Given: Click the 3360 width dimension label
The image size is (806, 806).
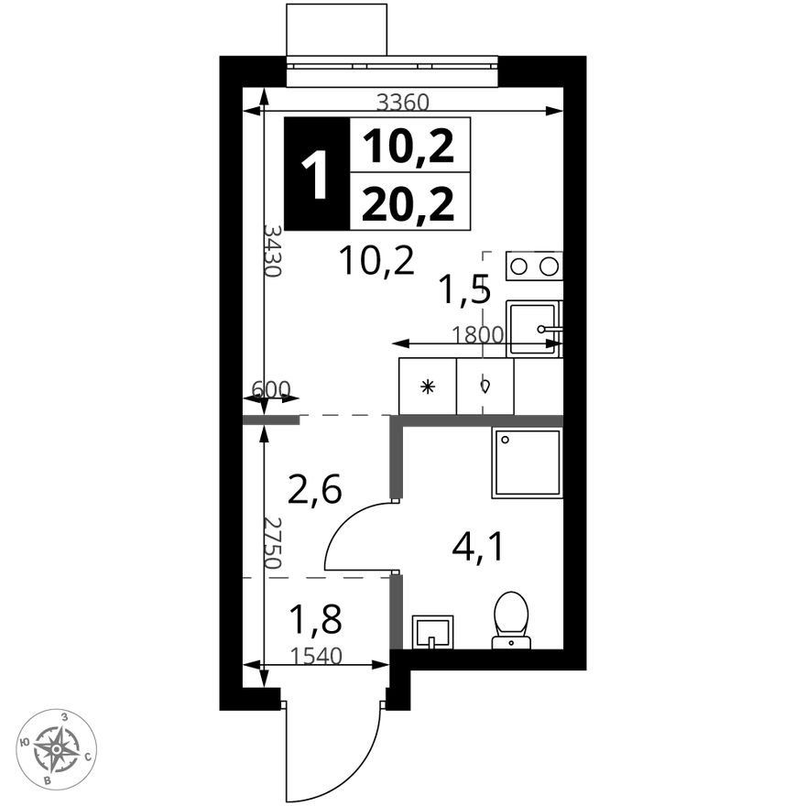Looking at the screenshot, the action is pos(402,103).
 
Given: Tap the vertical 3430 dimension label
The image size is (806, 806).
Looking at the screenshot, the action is pos(272,250).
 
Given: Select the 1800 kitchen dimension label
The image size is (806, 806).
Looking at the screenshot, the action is pos(477,334).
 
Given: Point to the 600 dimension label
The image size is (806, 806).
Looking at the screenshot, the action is pos(271,388).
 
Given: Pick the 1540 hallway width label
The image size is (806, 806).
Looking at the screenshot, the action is pos(316,656).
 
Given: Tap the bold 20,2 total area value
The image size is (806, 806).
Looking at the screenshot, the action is pos(408,203).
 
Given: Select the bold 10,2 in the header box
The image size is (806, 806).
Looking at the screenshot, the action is pos(408,146).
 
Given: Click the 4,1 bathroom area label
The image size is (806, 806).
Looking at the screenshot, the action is pos(476,548).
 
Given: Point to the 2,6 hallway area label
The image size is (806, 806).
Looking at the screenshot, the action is pos(314,489).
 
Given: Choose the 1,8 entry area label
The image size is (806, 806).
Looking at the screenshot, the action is pos(315,618).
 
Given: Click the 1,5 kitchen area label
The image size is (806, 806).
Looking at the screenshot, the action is pos(463,290).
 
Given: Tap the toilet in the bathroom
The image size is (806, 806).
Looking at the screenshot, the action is pos(511,619).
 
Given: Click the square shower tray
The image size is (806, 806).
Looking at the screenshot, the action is pos(528,463).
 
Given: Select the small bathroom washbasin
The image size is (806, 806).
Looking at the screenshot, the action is pos(433,632).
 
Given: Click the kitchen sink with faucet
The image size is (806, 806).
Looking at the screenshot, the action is pos(534,329).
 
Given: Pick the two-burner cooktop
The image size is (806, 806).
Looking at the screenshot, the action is pos(534,266).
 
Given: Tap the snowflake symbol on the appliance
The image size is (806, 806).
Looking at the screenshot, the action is pos(427,387).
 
